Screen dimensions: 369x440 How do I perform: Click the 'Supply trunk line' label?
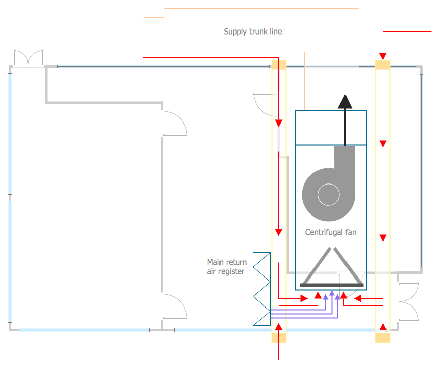pyautogui.click(x=253, y=32)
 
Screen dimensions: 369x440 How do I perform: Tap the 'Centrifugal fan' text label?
pyautogui.click(x=331, y=232)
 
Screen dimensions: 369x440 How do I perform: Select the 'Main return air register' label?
pyautogui.click(x=227, y=267)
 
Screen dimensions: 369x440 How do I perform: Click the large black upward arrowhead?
pyautogui.click(x=345, y=102)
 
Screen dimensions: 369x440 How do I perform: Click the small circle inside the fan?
pyautogui.click(x=328, y=194)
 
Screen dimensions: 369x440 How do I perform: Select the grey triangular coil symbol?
pyautogui.click(x=332, y=267)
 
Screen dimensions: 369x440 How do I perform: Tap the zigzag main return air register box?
pyautogui.click(x=262, y=289)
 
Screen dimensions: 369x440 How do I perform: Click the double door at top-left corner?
pyautogui.click(x=28, y=58)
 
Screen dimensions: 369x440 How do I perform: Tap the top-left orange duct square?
pyautogui.click(x=279, y=65)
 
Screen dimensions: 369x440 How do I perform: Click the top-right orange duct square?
pyautogui.click(x=383, y=66)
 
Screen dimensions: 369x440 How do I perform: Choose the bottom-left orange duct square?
pyautogui.click(x=279, y=337)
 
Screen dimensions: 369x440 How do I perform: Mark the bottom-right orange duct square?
pyautogui.click(x=383, y=337)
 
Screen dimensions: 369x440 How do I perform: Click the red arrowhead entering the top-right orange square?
pyautogui.click(x=383, y=55)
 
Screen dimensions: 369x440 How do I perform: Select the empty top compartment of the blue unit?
pyautogui.click(x=331, y=128)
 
